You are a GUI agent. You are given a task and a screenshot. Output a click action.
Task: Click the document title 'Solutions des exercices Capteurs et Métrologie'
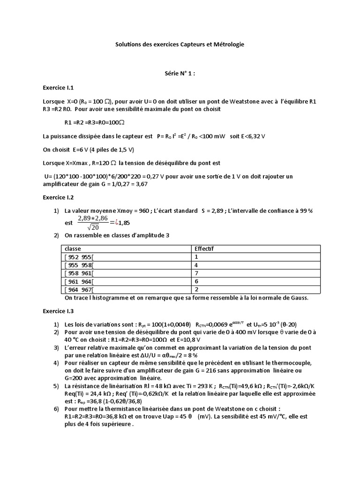point(180,45)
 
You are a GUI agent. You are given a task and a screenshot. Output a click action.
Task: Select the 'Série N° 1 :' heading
point(180,74)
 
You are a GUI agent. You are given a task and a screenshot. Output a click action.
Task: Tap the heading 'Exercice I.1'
point(58,88)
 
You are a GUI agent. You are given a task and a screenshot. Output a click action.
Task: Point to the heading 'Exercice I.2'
point(58,198)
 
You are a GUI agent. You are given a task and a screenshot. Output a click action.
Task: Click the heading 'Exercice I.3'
point(58,311)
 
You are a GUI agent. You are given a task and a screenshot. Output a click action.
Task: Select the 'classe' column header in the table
point(73,249)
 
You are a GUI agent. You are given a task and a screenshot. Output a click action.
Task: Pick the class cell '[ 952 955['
point(78,257)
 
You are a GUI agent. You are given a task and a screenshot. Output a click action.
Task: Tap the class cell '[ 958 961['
point(78,273)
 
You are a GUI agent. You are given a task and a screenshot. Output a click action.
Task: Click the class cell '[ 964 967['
point(78,290)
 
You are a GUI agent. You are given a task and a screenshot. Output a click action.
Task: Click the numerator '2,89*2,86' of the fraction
point(93,218)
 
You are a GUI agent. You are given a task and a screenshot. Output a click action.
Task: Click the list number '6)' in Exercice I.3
point(55,409)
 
